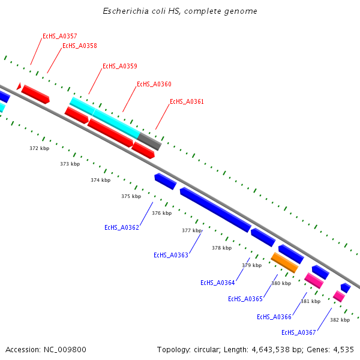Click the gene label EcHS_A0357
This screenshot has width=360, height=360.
coord(59,37)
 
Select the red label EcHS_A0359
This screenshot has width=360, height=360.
coord(120,66)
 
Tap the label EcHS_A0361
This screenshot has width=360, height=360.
coord(187,101)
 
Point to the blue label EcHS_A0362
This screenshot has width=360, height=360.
coord(122,227)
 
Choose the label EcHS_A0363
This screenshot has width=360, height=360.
coord(171,255)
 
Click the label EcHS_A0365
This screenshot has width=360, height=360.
coord(245,299)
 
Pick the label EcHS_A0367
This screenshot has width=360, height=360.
coord(299,332)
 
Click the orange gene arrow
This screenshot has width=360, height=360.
coord(284,262)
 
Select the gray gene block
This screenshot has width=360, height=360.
coord(150,141)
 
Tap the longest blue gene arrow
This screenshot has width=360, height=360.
coord(215,209)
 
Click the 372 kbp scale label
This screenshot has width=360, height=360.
coord(39,148)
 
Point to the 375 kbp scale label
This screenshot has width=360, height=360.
coord(131,196)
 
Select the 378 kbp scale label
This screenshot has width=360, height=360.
coord(221,248)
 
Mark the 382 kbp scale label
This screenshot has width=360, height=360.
coord(340,320)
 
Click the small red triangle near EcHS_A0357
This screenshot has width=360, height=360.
coord(19,87)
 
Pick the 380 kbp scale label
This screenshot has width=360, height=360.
coord(281,283)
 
